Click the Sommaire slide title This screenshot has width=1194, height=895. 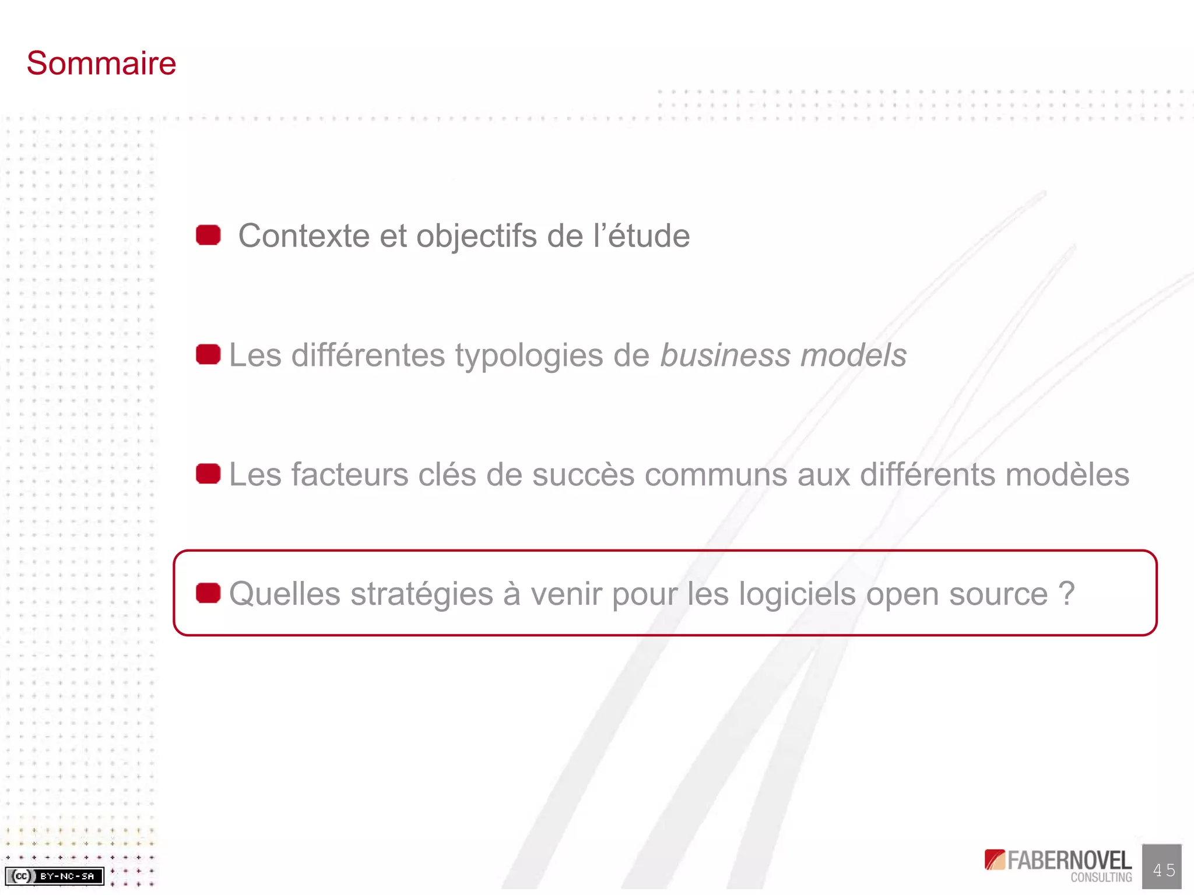[x=101, y=63]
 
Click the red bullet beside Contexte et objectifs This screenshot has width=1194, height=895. [x=208, y=235]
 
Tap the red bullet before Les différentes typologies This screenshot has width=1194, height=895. [x=208, y=354]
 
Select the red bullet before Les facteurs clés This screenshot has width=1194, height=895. [x=208, y=474]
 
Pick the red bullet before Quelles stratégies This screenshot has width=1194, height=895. [x=208, y=593]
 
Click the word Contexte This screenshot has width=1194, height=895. [x=304, y=236]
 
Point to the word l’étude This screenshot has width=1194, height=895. [x=641, y=236]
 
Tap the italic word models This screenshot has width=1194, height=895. [x=854, y=355]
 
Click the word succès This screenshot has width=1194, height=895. [x=583, y=475]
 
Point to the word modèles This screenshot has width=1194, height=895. [x=1067, y=475]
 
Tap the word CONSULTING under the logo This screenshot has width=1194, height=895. [x=1101, y=877]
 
